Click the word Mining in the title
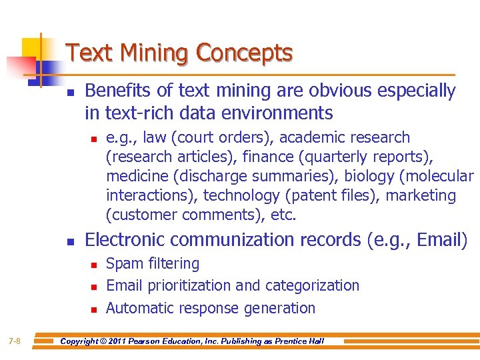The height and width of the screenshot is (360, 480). coord(145,53)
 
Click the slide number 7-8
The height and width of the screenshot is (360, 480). coord(15,341)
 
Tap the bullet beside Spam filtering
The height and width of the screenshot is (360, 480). coord(94,265)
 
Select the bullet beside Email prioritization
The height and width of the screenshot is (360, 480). coord(94,287)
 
